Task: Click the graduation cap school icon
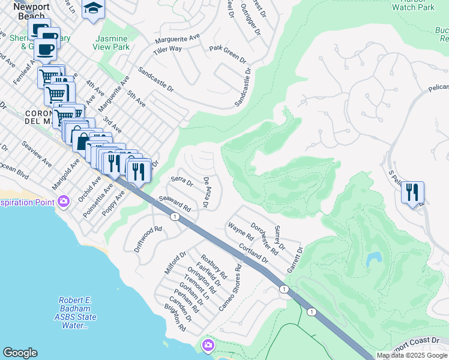[94, 9]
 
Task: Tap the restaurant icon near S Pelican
[412, 193]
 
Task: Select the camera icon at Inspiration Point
[64, 202]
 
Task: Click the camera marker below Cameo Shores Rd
[208, 346]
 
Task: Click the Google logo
[20, 353]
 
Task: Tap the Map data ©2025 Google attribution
[412, 355]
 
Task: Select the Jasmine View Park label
[112, 42]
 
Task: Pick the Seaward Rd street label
[175, 204]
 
